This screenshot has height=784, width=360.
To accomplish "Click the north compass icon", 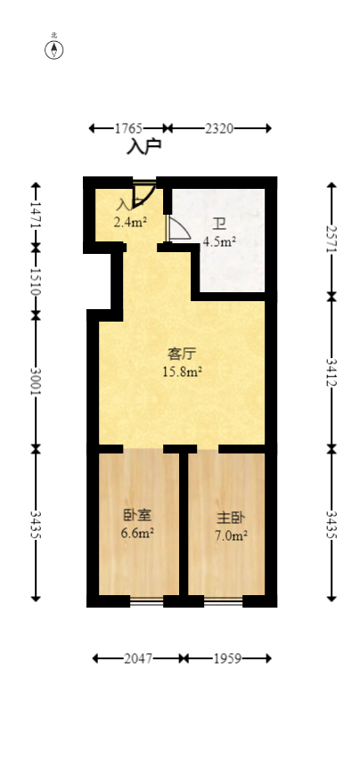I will [54, 49].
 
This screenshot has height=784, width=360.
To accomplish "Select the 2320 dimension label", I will [219, 129].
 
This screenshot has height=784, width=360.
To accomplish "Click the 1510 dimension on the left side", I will [36, 282].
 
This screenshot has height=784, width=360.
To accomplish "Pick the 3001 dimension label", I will [36, 381].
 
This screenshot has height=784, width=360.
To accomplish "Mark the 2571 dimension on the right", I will [331, 239].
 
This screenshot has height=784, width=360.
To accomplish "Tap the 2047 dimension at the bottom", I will [139, 658].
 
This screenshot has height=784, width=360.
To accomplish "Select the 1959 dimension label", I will [227, 658].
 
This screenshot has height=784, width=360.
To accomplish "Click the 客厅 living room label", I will [182, 355].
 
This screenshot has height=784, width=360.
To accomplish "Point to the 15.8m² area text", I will [182, 372].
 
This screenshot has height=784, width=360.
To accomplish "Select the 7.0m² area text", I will [231, 535].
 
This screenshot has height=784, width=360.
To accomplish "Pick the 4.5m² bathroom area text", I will [218, 241].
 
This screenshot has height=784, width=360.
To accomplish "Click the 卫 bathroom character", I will [218, 225].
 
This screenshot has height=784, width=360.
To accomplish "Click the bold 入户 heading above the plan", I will [143, 146].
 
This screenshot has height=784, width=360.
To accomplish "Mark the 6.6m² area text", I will [137, 534].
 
